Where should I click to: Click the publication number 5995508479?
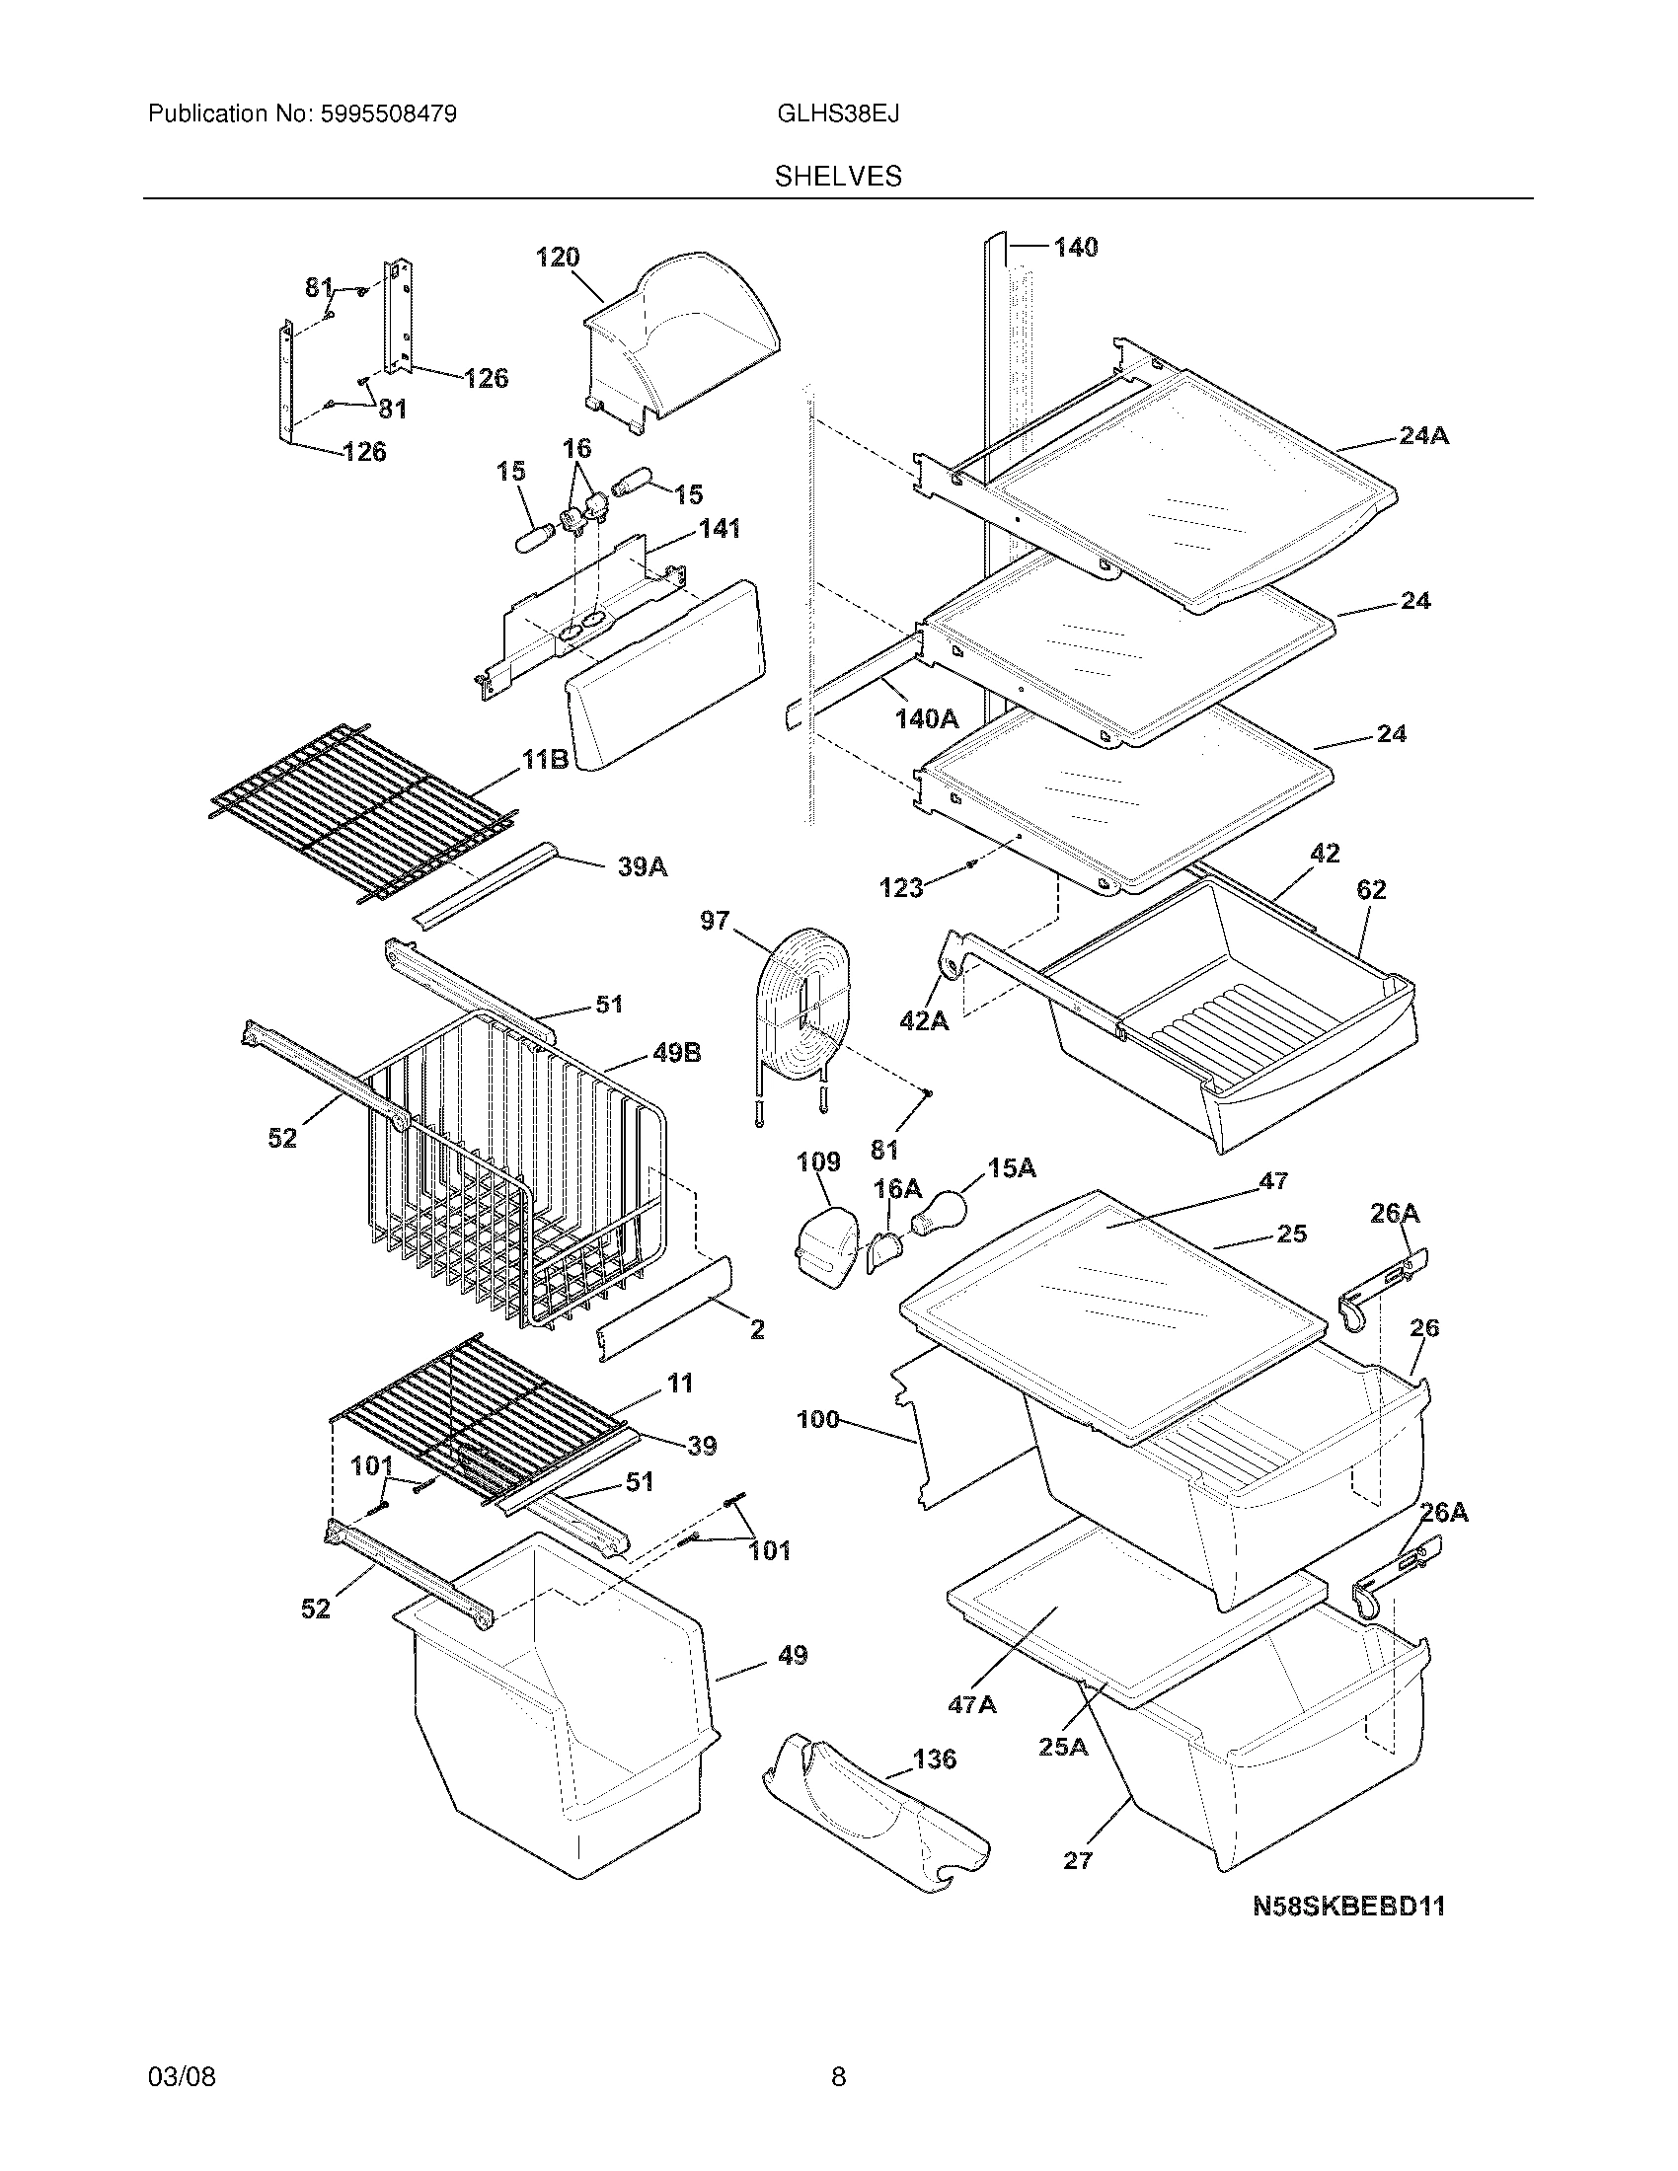point(389,114)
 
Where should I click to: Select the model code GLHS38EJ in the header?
point(838,114)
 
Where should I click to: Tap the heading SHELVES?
point(838,177)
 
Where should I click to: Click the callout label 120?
point(557,258)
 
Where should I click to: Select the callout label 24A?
point(1423,435)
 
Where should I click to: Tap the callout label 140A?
point(927,718)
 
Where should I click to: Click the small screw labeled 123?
point(968,864)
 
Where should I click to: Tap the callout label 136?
point(934,1759)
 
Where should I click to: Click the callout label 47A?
point(971,1705)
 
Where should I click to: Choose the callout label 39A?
point(643,866)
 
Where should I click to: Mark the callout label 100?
point(817,1420)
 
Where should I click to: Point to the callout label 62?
point(1371,891)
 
